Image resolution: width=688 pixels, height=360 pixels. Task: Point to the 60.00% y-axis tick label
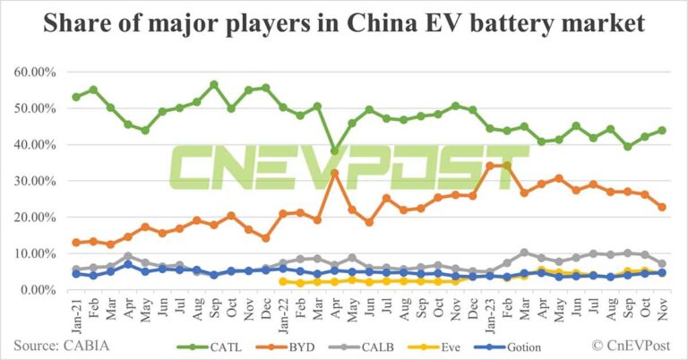pos(33,72)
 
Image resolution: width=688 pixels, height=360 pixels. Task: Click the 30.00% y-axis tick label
pos(33,181)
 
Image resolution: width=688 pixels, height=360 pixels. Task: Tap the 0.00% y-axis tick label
pos(36,290)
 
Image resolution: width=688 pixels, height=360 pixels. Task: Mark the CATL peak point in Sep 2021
pos(214,84)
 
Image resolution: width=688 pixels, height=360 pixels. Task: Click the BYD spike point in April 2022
pos(334,172)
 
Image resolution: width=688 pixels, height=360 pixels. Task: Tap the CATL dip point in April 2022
pos(334,151)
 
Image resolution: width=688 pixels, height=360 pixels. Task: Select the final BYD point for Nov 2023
pos(662,207)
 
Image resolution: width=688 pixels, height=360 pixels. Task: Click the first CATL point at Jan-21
pos(76,97)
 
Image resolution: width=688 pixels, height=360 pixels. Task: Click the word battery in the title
pos(496,24)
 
